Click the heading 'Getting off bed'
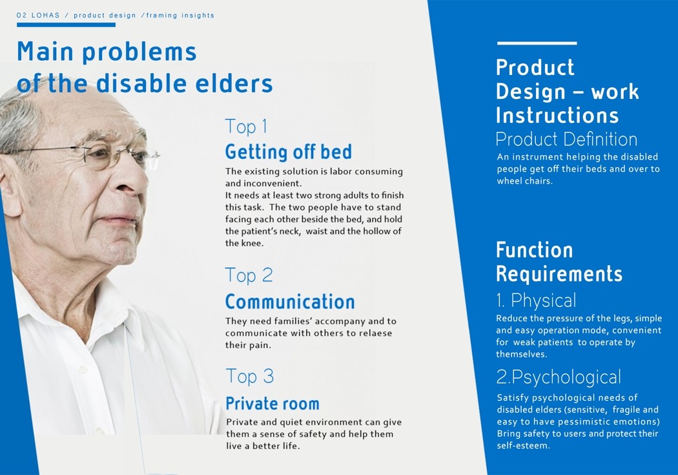(x=289, y=152)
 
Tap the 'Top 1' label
(x=246, y=127)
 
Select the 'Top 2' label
(x=249, y=275)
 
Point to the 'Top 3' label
(x=250, y=376)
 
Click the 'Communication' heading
(x=290, y=302)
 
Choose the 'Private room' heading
(x=272, y=404)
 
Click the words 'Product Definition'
(x=566, y=140)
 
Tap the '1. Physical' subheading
(x=536, y=301)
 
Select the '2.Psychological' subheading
(x=559, y=377)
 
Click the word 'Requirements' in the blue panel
(x=559, y=274)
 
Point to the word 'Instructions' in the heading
(x=557, y=116)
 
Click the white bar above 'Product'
(x=537, y=43)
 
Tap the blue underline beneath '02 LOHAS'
(x=66, y=25)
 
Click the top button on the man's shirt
(x=82, y=369)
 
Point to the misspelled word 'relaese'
(x=376, y=333)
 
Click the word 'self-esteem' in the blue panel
(x=523, y=445)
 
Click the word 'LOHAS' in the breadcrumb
(x=46, y=16)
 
